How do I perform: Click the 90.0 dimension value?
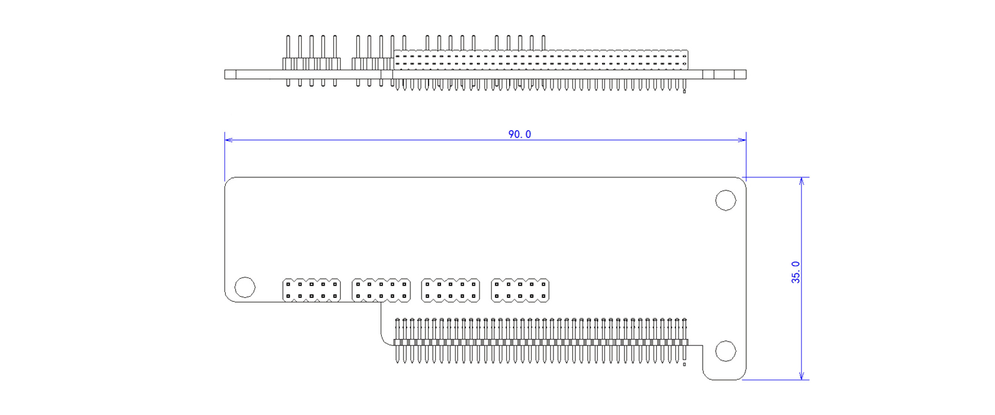520,134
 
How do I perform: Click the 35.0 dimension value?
796,273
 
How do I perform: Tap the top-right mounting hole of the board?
725,200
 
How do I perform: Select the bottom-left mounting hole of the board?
245,287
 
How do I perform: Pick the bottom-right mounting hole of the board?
725,351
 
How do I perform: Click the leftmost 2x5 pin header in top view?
312,290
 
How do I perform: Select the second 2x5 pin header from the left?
381,290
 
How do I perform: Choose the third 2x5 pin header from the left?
450,290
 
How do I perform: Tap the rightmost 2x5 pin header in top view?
520,290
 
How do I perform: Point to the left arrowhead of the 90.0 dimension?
228,140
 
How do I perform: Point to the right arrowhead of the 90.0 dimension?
743,140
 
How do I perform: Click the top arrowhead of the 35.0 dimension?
802,180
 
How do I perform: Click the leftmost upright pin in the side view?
288,47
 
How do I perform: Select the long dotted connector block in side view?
541,60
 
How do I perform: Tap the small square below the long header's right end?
684,364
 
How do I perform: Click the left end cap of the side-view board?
230,75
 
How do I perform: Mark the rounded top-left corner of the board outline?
228,181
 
